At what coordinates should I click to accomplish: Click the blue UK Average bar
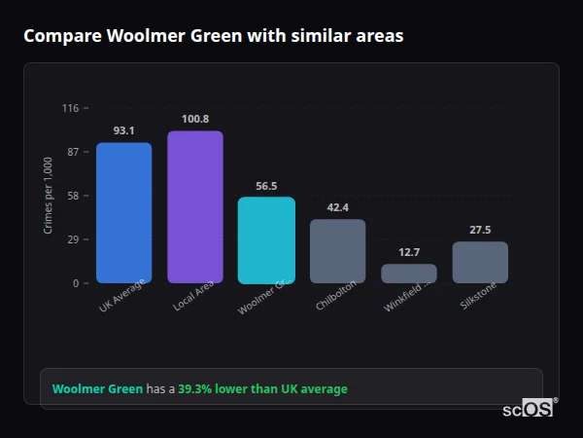click(x=123, y=212)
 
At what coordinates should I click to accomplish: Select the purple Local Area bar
click(x=194, y=206)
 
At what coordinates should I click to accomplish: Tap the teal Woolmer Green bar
click(x=266, y=239)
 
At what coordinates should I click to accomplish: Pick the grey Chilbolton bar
click(x=337, y=250)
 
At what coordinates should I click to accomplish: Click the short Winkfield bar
click(x=409, y=274)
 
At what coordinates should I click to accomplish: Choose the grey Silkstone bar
click(x=480, y=262)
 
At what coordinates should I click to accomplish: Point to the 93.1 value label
click(x=123, y=130)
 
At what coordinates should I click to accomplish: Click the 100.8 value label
click(x=194, y=119)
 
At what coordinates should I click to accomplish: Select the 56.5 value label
click(x=266, y=185)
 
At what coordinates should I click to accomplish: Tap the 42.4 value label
click(x=337, y=207)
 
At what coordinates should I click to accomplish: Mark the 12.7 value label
click(x=409, y=252)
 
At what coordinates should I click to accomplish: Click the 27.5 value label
click(x=480, y=230)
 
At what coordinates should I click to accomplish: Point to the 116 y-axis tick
click(x=70, y=108)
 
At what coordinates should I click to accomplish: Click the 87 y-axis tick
click(x=72, y=152)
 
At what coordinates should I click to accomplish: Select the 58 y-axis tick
click(x=72, y=196)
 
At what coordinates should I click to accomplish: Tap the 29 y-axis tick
click(x=72, y=239)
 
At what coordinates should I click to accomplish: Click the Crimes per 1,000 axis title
click(x=48, y=196)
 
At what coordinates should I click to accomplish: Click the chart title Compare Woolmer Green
click(x=213, y=36)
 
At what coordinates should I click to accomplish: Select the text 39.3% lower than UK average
click(x=262, y=389)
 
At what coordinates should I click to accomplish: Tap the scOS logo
click(x=529, y=409)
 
